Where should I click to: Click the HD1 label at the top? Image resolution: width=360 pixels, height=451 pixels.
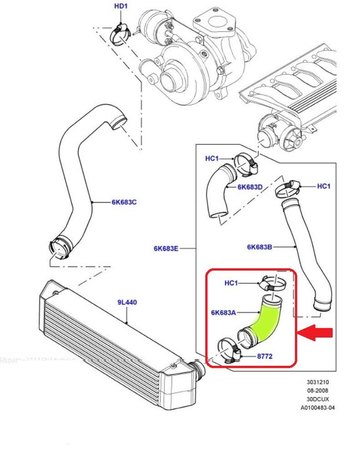tap(120, 7)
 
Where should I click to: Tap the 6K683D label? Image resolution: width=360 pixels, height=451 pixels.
tap(250, 187)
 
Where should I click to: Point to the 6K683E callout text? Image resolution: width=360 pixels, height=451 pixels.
tap(165, 249)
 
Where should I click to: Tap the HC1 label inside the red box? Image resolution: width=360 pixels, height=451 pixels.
tap(231, 283)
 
